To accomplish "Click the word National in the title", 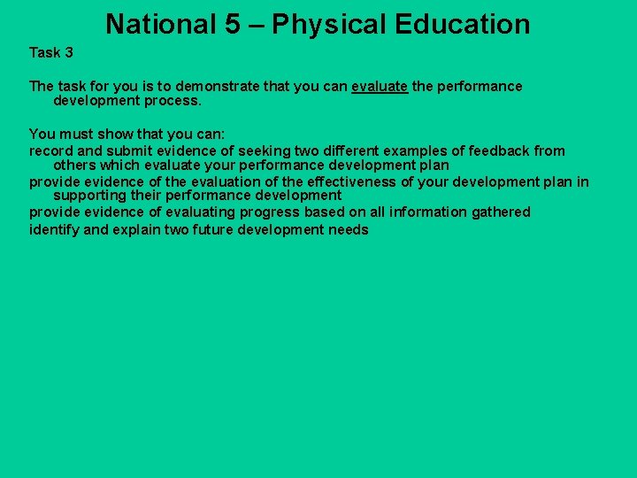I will (160, 25).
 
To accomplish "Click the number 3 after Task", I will (68, 52).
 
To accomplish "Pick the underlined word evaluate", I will (380, 86).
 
